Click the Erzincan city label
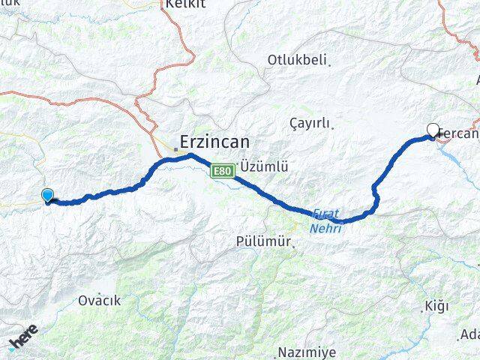(x=213, y=141)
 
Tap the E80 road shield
(x=222, y=172)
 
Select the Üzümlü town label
(x=265, y=166)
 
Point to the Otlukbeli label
(x=297, y=60)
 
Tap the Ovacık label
(x=99, y=301)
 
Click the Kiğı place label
(x=436, y=306)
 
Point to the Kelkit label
(x=186, y=4)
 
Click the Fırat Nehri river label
(x=327, y=221)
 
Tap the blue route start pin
(x=49, y=196)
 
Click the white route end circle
(x=433, y=129)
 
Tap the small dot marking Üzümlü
(x=238, y=165)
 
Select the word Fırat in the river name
(x=325, y=214)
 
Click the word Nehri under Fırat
(x=327, y=228)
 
